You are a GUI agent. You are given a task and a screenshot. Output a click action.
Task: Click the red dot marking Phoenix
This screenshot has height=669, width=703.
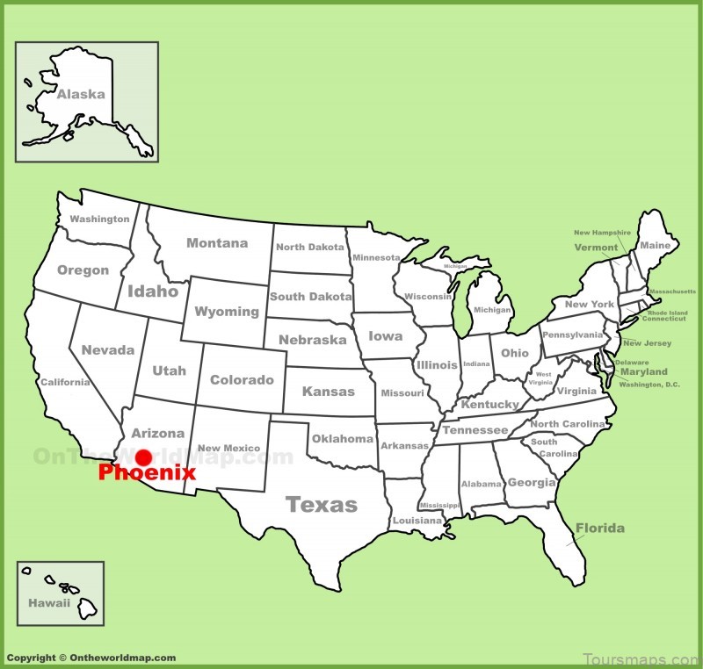(143, 457)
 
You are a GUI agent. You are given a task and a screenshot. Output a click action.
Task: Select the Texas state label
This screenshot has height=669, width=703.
(322, 504)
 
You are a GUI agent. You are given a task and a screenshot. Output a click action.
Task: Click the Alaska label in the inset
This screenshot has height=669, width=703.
(81, 94)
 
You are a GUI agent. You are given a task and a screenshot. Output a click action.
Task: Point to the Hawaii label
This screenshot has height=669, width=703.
(47, 603)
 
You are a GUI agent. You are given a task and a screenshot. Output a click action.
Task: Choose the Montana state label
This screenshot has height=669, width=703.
(217, 243)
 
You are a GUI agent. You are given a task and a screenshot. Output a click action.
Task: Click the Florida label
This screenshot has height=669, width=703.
(600, 528)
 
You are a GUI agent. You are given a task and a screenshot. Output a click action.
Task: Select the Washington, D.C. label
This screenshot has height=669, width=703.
(649, 385)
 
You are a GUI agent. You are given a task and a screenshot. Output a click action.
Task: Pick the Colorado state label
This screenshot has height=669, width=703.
(242, 380)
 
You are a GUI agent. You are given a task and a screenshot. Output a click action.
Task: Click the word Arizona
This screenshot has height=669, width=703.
(158, 433)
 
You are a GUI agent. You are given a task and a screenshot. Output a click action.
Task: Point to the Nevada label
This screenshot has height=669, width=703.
(108, 350)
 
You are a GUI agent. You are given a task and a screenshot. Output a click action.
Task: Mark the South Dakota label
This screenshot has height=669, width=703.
(311, 297)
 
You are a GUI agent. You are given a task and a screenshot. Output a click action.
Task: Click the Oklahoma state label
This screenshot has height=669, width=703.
(343, 438)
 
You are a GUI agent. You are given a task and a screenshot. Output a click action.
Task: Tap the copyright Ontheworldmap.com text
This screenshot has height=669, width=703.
(91, 658)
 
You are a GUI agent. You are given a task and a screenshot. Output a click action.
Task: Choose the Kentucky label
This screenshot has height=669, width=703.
(490, 405)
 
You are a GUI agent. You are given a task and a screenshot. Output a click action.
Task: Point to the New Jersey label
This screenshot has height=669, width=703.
(647, 343)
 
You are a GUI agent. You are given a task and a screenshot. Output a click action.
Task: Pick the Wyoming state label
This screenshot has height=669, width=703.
(227, 312)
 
